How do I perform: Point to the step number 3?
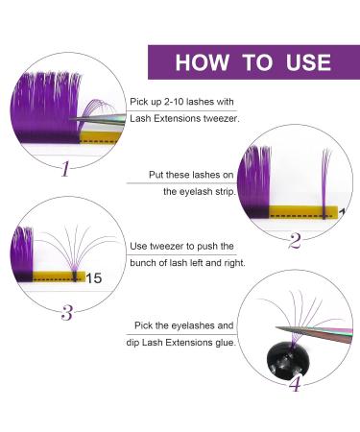coord(66,310)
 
